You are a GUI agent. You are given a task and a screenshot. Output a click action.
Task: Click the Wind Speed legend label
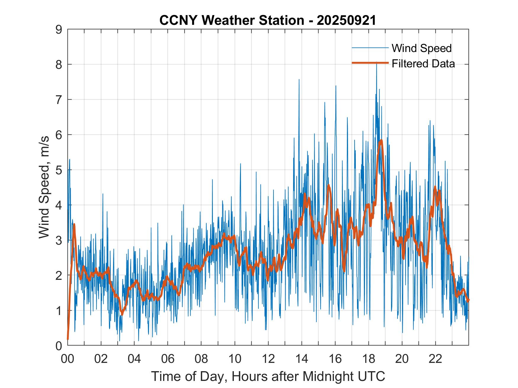[x=422, y=48]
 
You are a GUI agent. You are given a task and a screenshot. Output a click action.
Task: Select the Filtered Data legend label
[x=423, y=64]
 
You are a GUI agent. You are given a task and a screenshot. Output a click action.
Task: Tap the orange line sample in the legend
[x=370, y=63]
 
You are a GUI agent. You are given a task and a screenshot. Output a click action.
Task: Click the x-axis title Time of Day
[x=268, y=376]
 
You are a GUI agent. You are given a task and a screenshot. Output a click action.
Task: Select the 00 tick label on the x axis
[x=67, y=359]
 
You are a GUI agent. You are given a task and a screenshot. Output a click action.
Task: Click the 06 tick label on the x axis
[x=168, y=359]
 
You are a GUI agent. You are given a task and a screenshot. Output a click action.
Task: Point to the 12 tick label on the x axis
[x=268, y=359]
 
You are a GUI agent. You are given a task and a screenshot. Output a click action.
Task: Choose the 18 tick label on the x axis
[x=369, y=359]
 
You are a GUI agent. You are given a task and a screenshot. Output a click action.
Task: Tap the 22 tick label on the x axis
[x=435, y=359]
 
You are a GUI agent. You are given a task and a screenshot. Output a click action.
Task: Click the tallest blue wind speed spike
[x=377, y=63]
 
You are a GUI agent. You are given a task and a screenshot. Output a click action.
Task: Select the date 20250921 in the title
[x=346, y=20]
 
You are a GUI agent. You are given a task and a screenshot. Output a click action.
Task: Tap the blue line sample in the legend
[x=370, y=48]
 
